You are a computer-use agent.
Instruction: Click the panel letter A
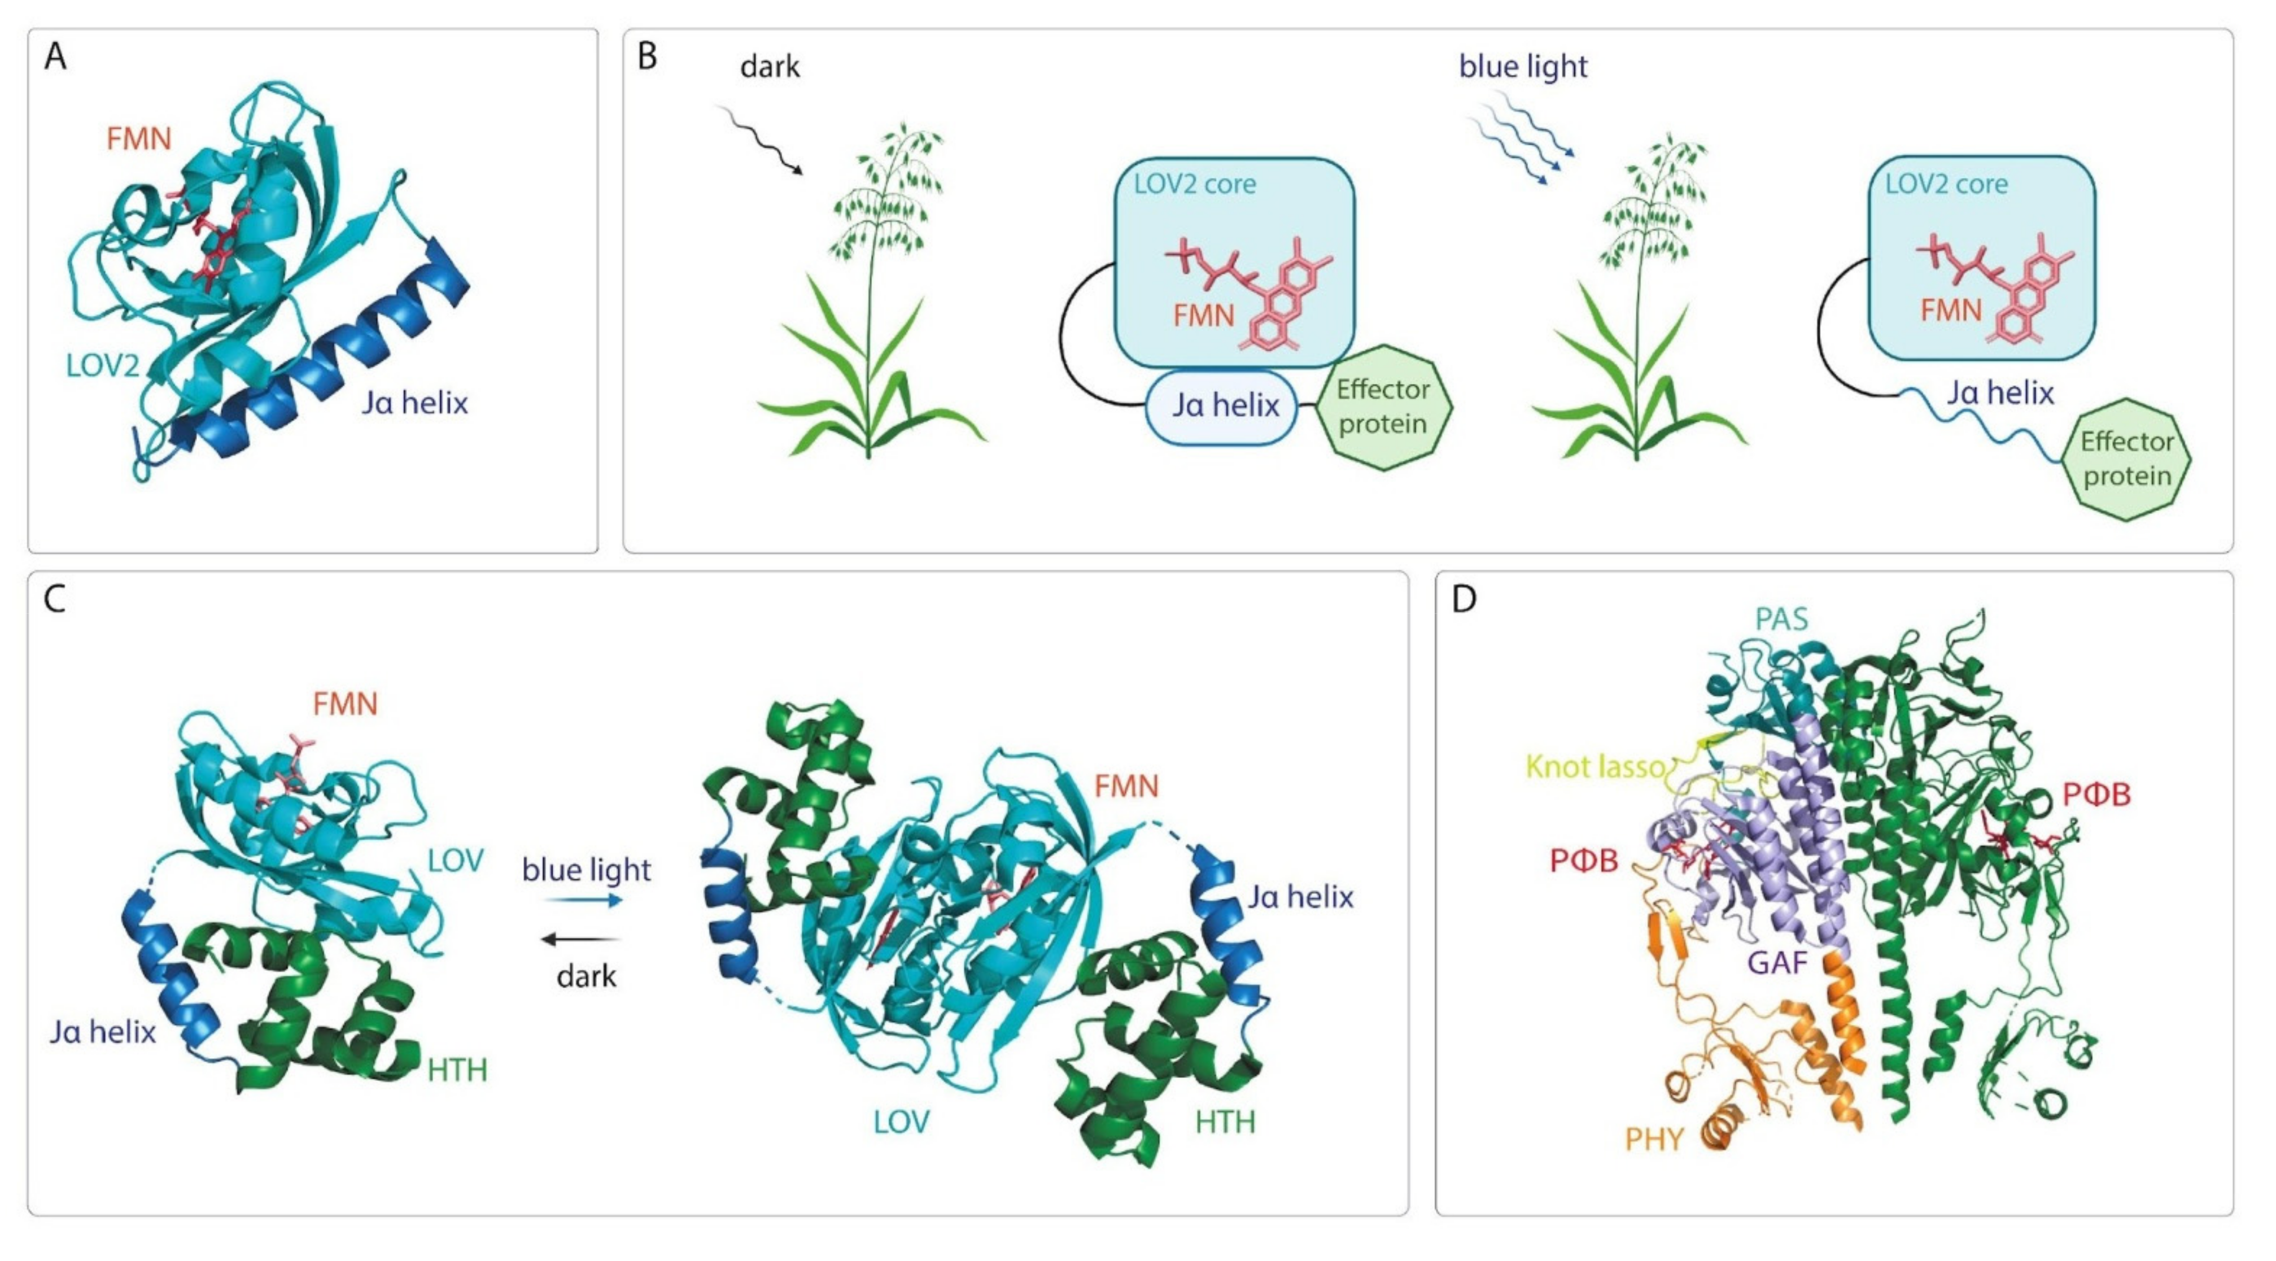click(55, 58)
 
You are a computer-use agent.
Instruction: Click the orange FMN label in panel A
click(139, 139)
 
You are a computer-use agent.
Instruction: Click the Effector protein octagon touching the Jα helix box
click(1383, 407)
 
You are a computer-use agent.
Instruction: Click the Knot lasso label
click(1595, 767)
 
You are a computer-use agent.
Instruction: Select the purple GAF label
click(1777, 962)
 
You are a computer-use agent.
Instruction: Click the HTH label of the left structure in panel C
click(457, 1071)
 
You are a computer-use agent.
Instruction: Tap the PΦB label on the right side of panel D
click(2096, 795)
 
